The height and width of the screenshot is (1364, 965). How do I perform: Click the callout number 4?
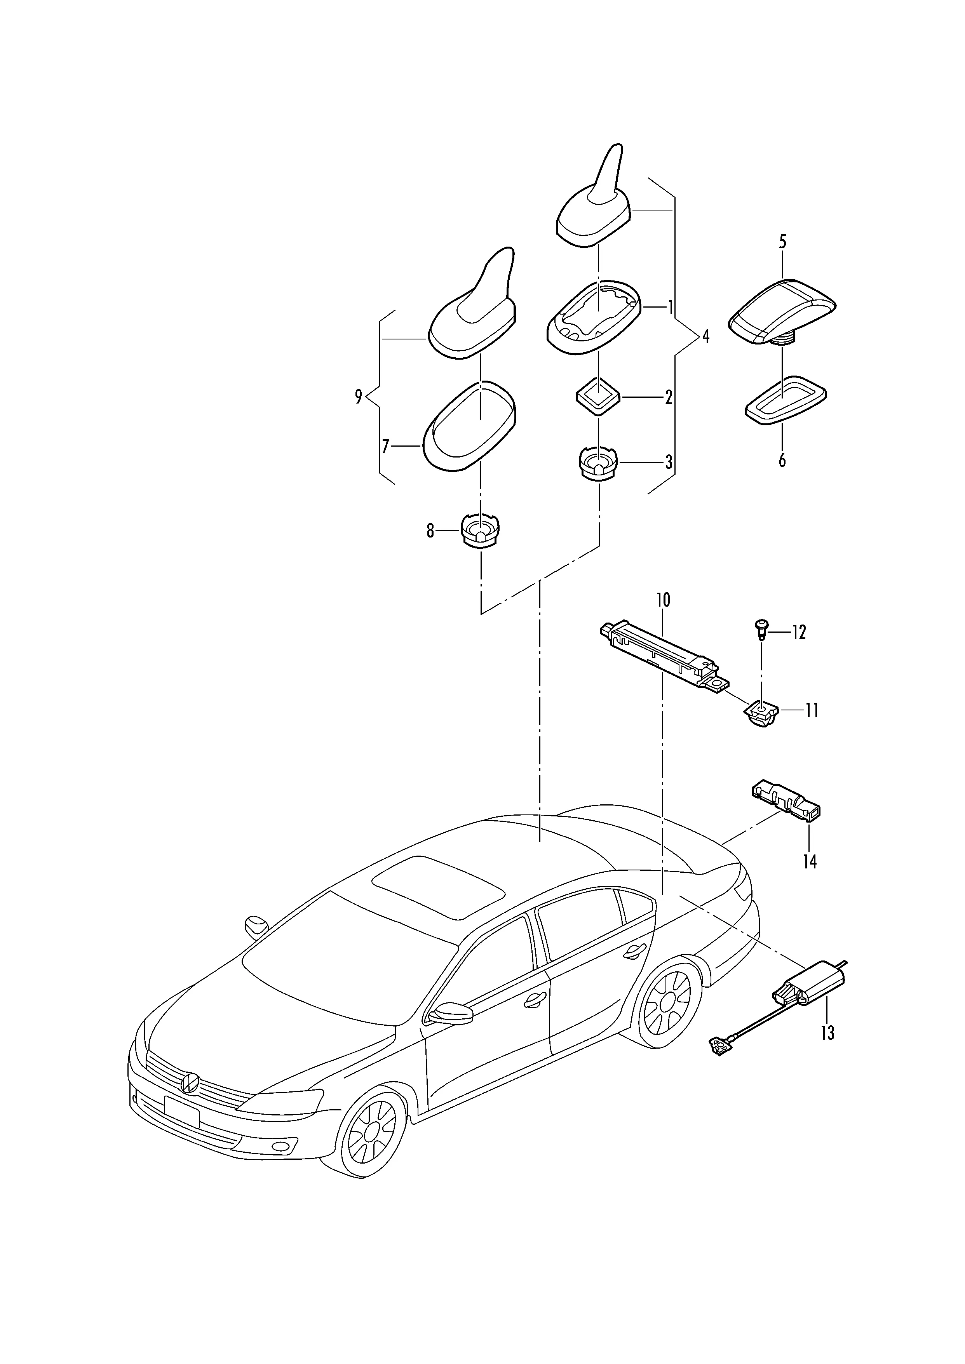point(705,337)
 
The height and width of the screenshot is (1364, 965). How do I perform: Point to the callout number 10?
point(663,600)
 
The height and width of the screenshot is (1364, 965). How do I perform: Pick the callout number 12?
point(799,633)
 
